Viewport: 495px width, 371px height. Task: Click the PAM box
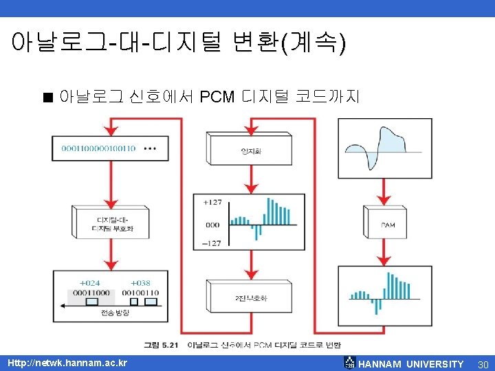(x=388, y=225)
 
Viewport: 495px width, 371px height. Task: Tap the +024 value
(x=89, y=282)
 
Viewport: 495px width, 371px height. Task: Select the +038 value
(x=140, y=282)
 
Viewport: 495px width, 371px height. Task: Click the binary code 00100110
(x=140, y=293)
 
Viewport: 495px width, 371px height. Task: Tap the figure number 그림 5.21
(x=160, y=344)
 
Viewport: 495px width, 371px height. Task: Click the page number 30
(x=483, y=363)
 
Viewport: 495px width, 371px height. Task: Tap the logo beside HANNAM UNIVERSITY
(x=350, y=363)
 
